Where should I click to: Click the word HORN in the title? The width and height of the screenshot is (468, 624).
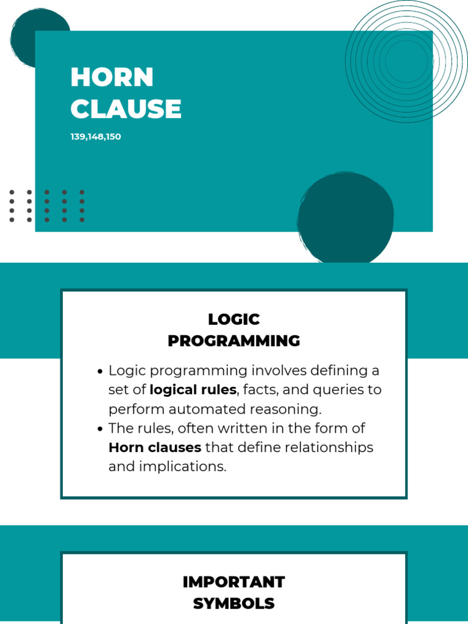(x=112, y=77)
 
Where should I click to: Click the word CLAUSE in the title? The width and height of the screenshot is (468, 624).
(x=126, y=109)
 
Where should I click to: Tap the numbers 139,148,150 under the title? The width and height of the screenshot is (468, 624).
(x=96, y=136)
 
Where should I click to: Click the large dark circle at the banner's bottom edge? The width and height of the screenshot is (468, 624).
(x=346, y=218)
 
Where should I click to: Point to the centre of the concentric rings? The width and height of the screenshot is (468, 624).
(x=406, y=61)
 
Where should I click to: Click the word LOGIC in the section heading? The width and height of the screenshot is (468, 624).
(x=234, y=319)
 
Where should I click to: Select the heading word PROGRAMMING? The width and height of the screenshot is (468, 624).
(x=234, y=341)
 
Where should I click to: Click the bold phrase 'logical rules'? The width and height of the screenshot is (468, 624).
(x=193, y=389)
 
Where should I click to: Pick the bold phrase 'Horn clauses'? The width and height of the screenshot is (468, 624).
(x=155, y=447)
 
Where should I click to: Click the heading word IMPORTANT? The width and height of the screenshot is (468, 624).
(x=234, y=582)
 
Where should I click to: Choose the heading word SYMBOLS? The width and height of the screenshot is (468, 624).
(x=234, y=603)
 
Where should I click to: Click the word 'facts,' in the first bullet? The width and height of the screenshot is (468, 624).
(x=262, y=389)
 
